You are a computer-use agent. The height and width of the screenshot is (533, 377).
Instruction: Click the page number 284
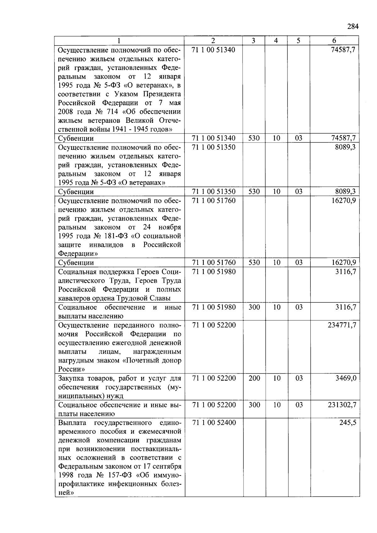point(353,26)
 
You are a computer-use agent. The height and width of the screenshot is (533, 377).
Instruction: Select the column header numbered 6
point(334,41)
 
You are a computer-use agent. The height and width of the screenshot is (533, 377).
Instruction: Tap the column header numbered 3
point(254,41)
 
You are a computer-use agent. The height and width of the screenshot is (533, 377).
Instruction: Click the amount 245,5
point(348,423)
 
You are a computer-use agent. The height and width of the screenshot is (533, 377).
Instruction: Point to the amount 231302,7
point(342,405)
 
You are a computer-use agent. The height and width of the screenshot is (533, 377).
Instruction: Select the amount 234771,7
point(342,325)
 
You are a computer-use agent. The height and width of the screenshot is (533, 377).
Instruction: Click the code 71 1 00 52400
point(214,423)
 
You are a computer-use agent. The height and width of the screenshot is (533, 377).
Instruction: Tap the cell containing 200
point(254,378)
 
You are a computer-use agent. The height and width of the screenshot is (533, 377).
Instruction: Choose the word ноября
point(170,227)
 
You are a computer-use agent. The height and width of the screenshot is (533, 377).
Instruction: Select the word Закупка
point(71,378)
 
